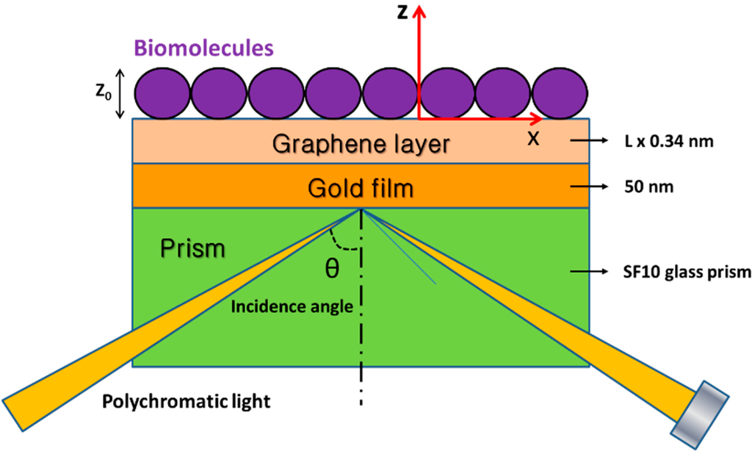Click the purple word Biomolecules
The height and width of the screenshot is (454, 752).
tap(203, 49)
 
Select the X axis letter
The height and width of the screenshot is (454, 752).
tap(533, 137)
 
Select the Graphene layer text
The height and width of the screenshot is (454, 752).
tap(360, 143)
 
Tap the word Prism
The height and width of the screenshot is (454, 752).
tap(192, 250)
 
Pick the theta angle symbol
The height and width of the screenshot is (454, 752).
tap(332, 270)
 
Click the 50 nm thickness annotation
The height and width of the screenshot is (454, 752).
tap(654, 187)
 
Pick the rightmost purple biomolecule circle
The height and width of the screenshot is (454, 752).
tap(560, 93)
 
